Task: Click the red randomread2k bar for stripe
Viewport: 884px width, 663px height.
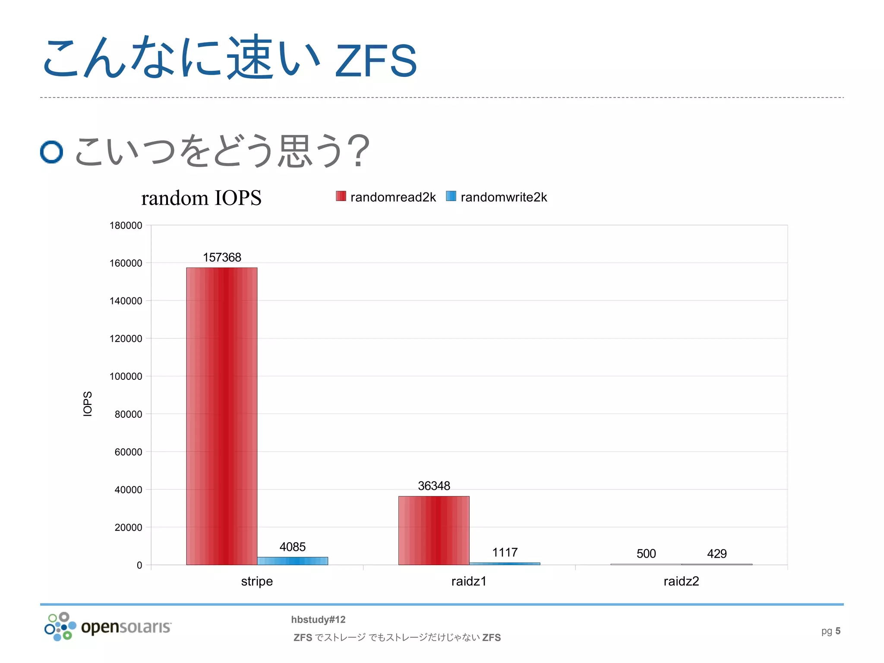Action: pyautogui.click(x=221, y=416)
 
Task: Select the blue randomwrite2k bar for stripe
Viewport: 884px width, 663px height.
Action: pyautogui.click(x=292, y=561)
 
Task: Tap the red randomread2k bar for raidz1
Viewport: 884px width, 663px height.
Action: pyautogui.click(x=434, y=530)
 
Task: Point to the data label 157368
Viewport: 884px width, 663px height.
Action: pyautogui.click(x=222, y=257)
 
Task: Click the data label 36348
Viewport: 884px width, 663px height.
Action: pyautogui.click(x=434, y=486)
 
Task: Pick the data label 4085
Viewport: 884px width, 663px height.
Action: pyautogui.click(x=292, y=547)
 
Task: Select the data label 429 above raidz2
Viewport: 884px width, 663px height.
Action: pyautogui.click(x=717, y=553)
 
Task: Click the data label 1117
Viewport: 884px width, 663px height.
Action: pyautogui.click(x=505, y=552)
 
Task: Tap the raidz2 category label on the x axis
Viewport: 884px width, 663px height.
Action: pyautogui.click(x=681, y=581)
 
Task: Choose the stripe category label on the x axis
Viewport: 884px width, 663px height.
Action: pyautogui.click(x=257, y=581)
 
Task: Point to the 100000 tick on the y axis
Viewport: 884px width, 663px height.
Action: pyautogui.click(x=126, y=376)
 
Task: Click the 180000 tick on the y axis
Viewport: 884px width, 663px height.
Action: pyautogui.click(x=126, y=225)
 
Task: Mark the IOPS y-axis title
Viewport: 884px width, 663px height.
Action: pyautogui.click(x=88, y=404)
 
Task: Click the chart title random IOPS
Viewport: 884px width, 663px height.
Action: pyautogui.click(x=201, y=198)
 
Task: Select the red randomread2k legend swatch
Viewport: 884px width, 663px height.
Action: pyautogui.click(x=341, y=196)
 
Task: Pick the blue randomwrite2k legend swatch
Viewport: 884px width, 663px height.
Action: pyautogui.click(x=451, y=196)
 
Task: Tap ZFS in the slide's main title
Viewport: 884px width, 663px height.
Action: pyautogui.click(x=376, y=61)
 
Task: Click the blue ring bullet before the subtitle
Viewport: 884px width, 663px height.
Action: pyautogui.click(x=51, y=152)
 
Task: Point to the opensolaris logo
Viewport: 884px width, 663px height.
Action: pyautogui.click(x=108, y=626)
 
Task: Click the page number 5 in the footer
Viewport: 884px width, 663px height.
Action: pyautogui.click(x=838, y=631)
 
